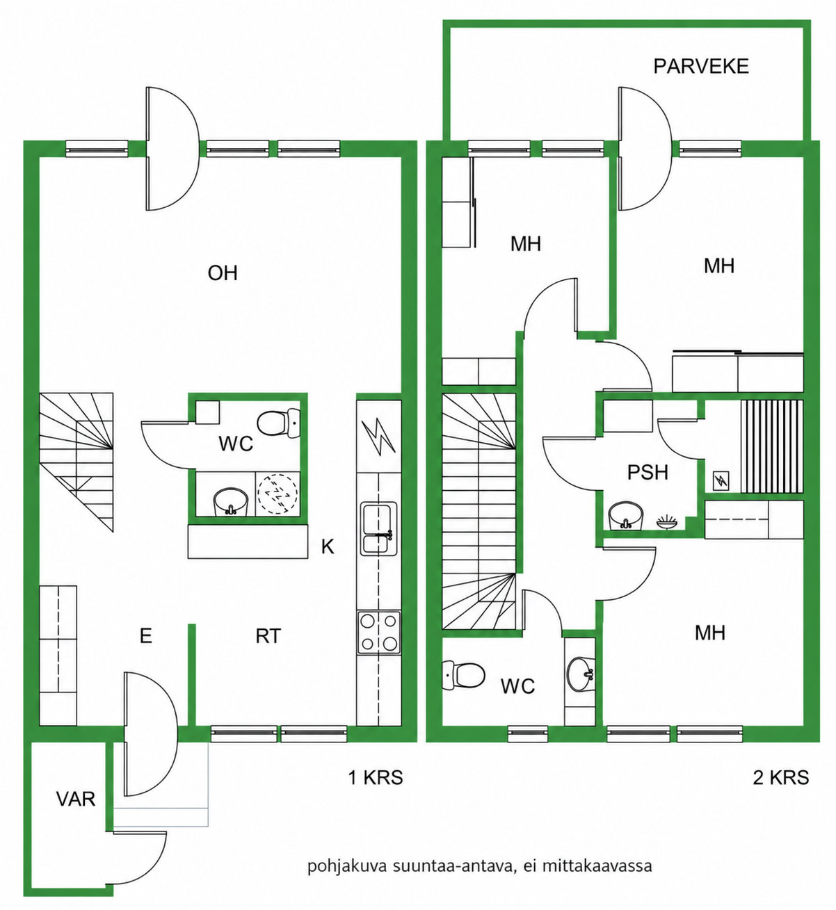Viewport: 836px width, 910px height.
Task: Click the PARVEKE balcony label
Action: point(701,67)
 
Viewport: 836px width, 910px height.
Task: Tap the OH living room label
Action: point(223,273)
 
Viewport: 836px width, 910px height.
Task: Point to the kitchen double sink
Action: point(379,528)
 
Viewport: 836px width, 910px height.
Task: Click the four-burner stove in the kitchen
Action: point(379,633)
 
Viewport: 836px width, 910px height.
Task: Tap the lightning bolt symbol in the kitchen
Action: point(378,437)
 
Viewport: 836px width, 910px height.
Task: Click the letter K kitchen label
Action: point(328,547)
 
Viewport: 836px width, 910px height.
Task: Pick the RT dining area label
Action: point(268,636)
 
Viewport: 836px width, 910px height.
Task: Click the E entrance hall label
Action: point(145,636)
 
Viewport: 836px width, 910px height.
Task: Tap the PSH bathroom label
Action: point(648,472)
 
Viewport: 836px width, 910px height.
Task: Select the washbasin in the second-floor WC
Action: point(581,676)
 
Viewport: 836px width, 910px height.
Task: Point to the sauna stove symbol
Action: point(721,481)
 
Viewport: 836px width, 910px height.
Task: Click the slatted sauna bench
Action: point(771,446)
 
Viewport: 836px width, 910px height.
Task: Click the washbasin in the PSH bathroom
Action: point(625,516)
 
